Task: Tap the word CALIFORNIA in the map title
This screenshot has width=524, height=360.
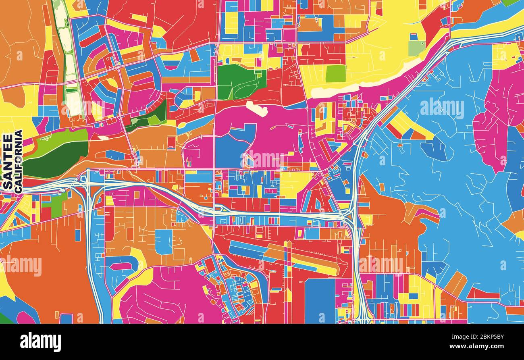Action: (18, 161)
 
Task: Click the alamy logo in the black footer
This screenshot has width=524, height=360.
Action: (40, 341)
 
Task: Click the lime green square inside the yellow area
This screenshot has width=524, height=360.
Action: (335, 73)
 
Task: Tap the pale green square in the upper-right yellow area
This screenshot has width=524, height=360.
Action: (416, 48)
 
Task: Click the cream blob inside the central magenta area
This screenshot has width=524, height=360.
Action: (257, 108)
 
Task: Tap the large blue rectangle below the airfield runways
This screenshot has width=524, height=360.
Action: (319, 300)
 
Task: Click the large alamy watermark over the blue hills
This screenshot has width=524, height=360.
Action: (442, 108)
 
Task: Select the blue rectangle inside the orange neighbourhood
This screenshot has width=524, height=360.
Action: (164, 242)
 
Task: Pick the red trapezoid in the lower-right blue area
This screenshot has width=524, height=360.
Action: (482, 293)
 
